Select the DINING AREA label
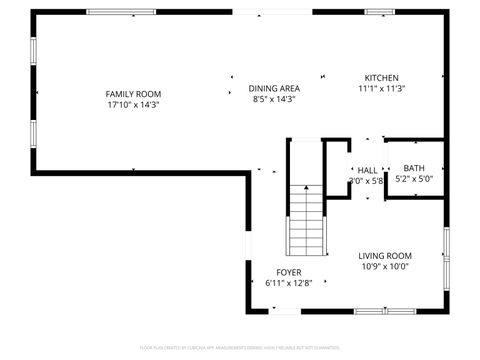pos(274,88)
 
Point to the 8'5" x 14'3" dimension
pos(274,99)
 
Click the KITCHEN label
pos(381,78)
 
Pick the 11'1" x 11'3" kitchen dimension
pos(381,89)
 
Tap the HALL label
pos(367,170)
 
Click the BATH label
pos(413,168)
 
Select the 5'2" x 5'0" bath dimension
pos(413,180)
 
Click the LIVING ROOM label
pos(385,255)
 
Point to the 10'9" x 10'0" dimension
pos(385,266)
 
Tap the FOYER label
pos(289,272)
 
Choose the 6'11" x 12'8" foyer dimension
pos(289,283)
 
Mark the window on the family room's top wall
pos(121,12)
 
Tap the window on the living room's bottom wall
pos(385,311)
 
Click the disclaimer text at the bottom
pos(240,349)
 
